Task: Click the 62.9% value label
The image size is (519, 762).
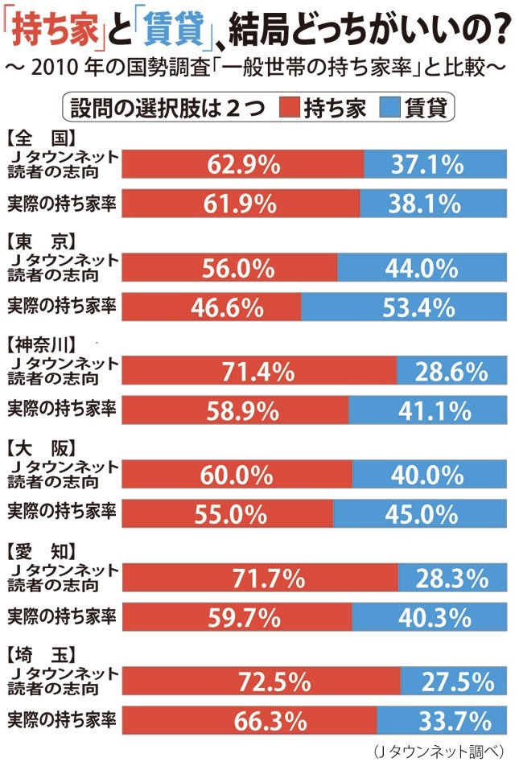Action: tap(243, 165)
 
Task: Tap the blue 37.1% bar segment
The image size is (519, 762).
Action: tap(435, 165)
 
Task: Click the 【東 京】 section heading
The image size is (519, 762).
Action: tap(40, 240)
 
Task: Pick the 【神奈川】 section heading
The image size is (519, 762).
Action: tap(47, 344)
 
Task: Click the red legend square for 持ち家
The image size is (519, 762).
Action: tap(290, 108)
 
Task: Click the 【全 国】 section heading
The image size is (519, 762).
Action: tap(40, 135)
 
